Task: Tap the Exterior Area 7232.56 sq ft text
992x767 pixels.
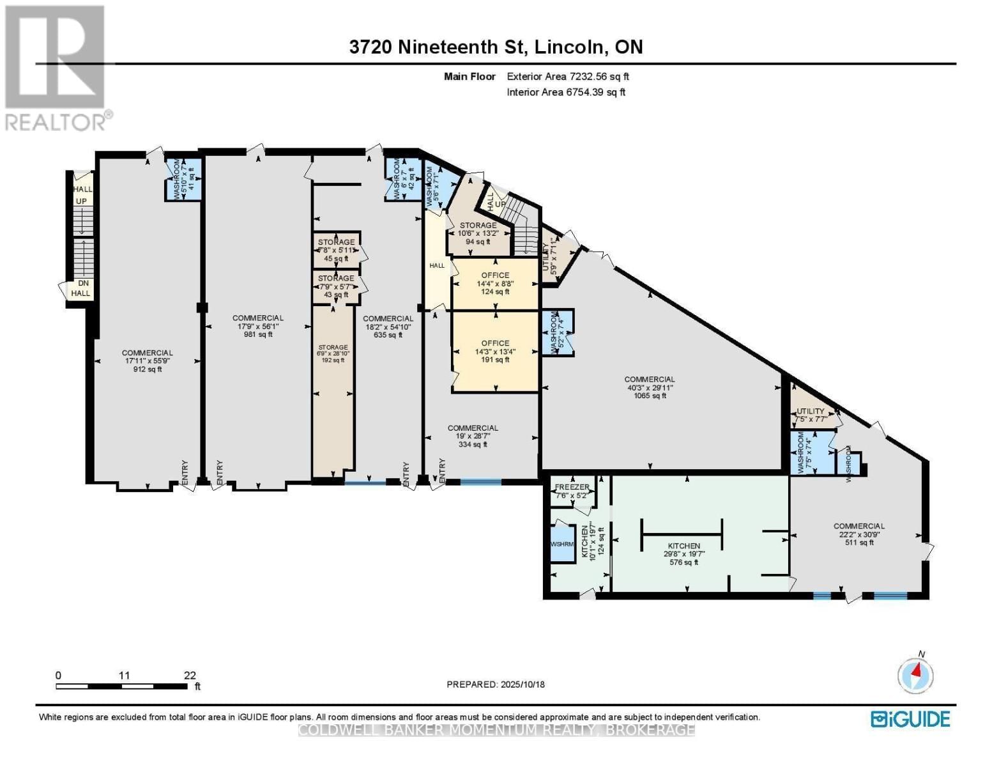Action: point(568,77)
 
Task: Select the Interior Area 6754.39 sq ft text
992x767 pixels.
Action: point(566,92)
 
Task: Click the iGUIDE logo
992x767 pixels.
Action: point(910,719)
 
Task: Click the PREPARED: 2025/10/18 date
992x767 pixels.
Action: point(496,685)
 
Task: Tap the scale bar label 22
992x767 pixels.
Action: point(190,675)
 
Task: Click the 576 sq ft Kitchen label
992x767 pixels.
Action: point(682,554)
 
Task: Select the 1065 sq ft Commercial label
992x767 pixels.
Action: point(650,387)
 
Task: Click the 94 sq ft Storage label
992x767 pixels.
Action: point(478,233)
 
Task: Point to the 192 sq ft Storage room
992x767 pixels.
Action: point(332,353)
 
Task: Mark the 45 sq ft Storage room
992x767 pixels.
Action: point(336,250)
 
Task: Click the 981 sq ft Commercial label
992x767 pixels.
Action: point(257,326)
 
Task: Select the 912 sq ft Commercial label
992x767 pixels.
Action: point(147,360)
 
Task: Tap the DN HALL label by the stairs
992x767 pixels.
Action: point(82,288)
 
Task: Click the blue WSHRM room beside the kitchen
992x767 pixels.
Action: point(563,544)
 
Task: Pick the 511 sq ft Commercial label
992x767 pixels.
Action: point(858,534)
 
